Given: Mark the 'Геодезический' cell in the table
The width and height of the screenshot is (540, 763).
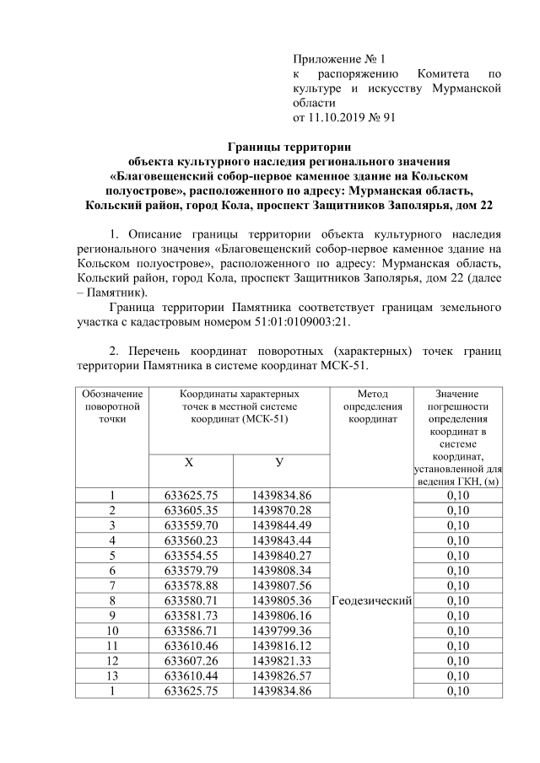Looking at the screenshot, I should (x=372, y=600).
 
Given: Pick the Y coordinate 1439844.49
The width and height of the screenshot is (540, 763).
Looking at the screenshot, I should (x=281, y=525).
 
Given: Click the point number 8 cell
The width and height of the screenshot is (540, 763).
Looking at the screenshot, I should (x=111, y=600).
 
